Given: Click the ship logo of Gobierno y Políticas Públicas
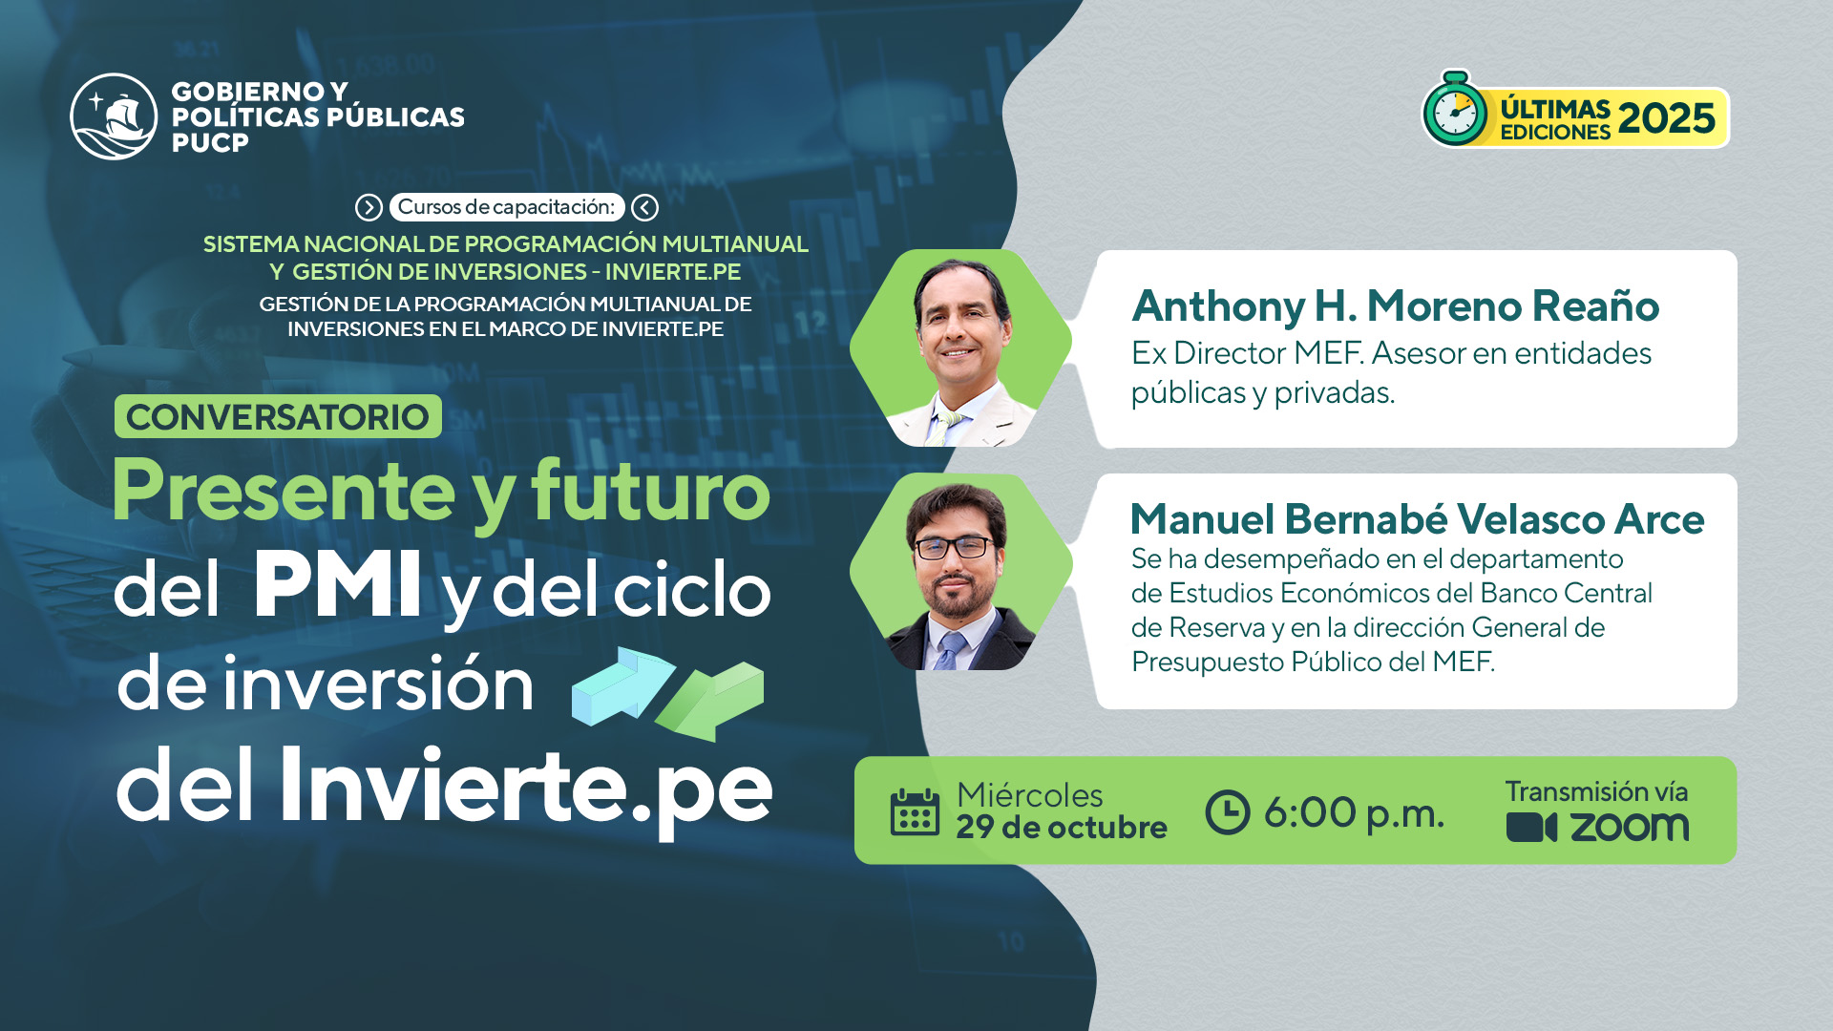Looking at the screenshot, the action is (x=114, y=116).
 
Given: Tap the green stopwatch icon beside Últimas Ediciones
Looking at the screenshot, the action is (x=1455, y=110).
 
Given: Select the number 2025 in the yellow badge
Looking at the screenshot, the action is (x=1667, y=118).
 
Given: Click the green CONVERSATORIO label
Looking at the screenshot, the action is (x=278, y=416).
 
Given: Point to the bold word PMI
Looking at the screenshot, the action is (x=338, y=584).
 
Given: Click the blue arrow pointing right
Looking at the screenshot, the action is (x=623, y=685).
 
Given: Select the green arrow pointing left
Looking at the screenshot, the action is (x=710, y=702).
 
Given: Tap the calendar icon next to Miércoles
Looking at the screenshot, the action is (x=915, y=812).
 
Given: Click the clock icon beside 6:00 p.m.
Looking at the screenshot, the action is (x=1228, y=812).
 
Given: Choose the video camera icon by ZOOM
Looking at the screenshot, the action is (x=1531, y=827).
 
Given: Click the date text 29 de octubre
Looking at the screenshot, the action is (x=1062, y=827).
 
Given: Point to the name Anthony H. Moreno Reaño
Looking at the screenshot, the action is (x=1396, y=305).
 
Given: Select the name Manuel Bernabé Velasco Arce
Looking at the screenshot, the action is (x=1417, y=518).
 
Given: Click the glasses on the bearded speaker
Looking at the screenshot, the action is (x=954, y=547).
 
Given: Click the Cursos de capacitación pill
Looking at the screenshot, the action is (x=507, y=207).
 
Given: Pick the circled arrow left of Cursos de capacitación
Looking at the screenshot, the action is (x=369, y=207).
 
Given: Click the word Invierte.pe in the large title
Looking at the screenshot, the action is (x=525, y=787).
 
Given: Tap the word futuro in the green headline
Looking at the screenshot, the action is (x=650, y=491).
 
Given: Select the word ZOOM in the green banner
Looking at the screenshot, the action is (x=1630, y=828).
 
